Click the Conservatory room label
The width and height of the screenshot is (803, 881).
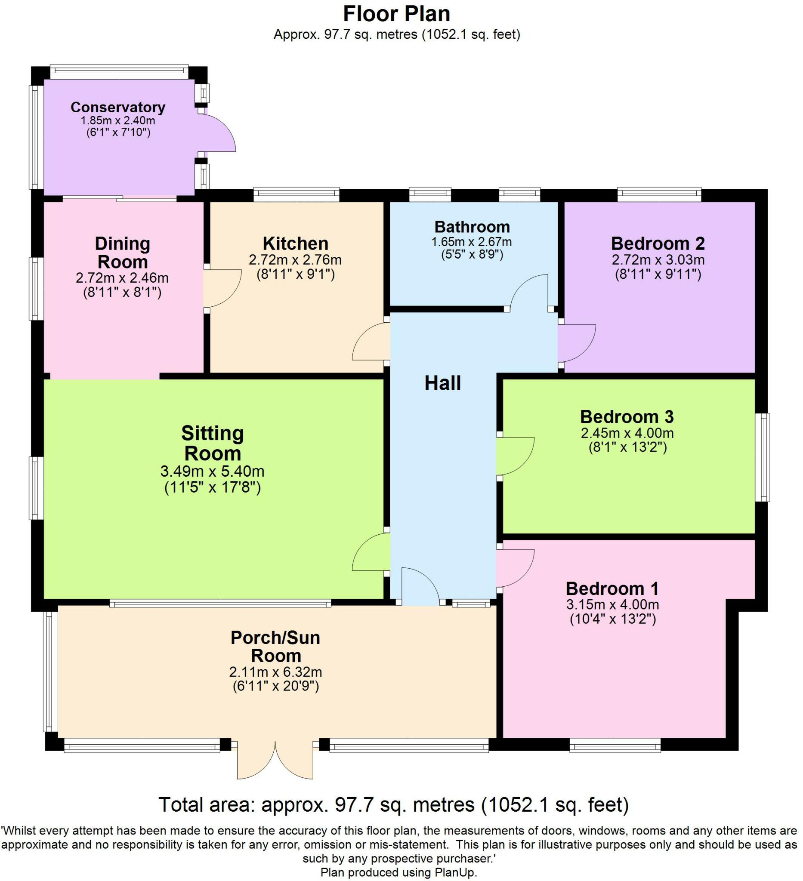pyautogui.click(x=117, y=107)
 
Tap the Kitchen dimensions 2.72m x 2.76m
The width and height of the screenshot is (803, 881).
pyautogui.click(x=295, y=260)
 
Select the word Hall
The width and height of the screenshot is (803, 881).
pyautogui.click(x=442, y=383)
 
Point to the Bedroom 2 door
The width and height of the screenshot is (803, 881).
pyautogui.click(x=576, y=343)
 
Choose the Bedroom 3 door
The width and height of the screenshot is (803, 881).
pyautogui.click(x=516, y=456)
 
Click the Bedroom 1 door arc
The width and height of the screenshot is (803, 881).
pyautogui.click(x=516, y=568)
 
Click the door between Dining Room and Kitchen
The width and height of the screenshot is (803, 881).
pyautogui.click(x=222, y=288)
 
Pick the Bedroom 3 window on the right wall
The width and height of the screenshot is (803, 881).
pyautogui.click(x=764, y=457)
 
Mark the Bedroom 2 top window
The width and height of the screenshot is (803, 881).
pyautogui.click(x=659, y=194)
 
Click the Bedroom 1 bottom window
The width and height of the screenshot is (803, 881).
pyautogui.click(x=615, y=746)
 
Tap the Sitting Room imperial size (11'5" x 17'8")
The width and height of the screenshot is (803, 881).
pyautogui.click(x=213, y=487)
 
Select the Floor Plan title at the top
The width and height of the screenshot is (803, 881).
pyautogui.click(x=396, y=14)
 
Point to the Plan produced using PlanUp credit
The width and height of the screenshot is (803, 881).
pyautogui.click(x=398, y=872)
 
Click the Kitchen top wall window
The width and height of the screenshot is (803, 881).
pyautogui.click(x=296, y=194)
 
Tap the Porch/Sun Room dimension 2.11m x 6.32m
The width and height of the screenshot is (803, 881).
pyautogui.click(x=275, y=672)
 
